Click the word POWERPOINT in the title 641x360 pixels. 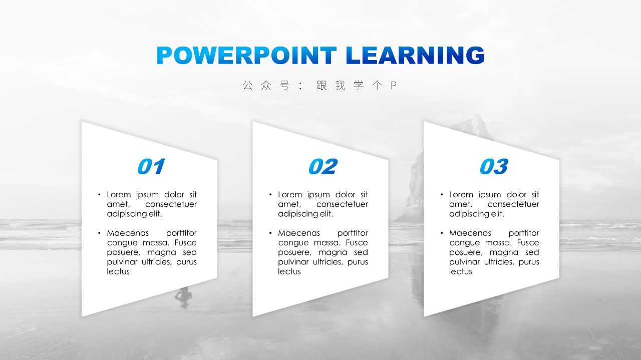pyautogui.click(x=246, y=55)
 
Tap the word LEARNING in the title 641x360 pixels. pyautogui.click(x=415, y=55)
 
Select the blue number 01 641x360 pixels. pyautogui.click(x=151, y=166)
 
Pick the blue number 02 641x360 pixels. pyautogui.click(x=323, y=166)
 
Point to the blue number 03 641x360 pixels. pyautogui.click(x=494, y=166)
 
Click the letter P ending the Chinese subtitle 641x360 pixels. pyautogui.click(x=394, y=85)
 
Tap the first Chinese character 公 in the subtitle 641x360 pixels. pyautogui.click(x=248, y=85)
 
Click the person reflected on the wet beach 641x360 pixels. pyautogui.click(x=183, y=297)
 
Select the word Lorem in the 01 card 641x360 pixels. pyautogui.click(x=119, y=195)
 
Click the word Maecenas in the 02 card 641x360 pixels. pyautogui.click(x=299, y=233)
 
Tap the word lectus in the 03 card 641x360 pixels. pyautogui.click(x=460, y=271)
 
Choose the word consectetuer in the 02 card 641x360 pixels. pyautogui.click(x=342, y=204)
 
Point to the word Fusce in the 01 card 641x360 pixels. pyautogui.click(x=185, y=243)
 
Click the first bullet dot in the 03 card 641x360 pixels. pyautogui.click(x=442, y=195)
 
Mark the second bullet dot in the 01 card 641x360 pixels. pyautogui.click(x=99, y=233)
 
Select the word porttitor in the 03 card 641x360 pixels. pyautogui.click(x=524, y=233)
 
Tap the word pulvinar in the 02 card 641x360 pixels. pyautogui.click(x=293, y=262)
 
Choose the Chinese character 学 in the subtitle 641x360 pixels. pyautogui.click(x=359, y=85)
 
